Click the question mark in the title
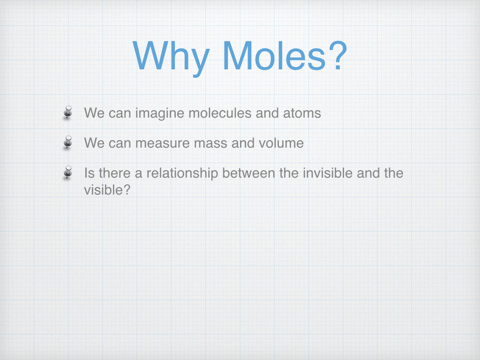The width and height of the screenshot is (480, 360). click(x=337, y=55)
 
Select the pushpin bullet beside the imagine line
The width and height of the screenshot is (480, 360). click(x=67, y=112)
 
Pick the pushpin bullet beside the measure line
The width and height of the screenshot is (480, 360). click(x=67, y=142)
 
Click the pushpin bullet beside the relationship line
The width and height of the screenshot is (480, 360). click(x=67, y=172)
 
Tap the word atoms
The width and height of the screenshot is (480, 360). click(x=302, y=113)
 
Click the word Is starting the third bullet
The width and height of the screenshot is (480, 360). click(x=90, y=173)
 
